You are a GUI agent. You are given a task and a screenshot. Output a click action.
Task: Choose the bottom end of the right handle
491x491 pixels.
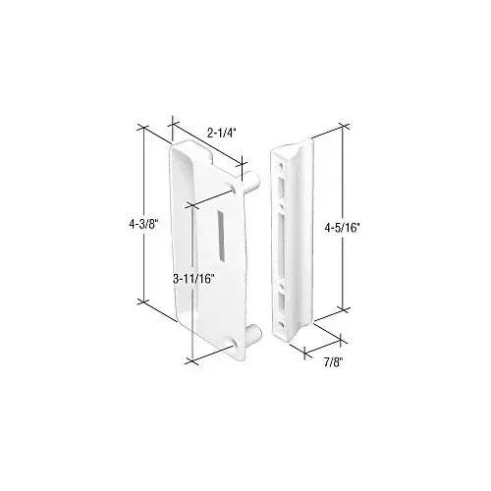(292, 339)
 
